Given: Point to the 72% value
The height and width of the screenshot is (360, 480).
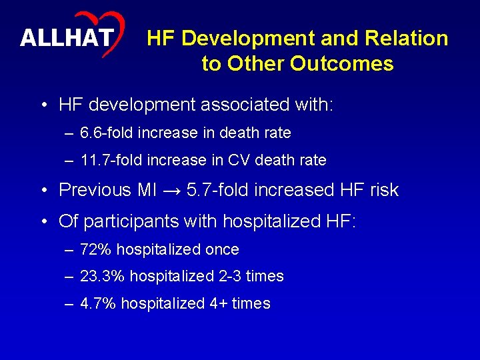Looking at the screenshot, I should pos(95,249).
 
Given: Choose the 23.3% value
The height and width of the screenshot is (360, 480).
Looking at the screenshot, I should pos(102,276).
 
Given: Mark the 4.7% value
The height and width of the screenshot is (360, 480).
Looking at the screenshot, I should pos(98,303).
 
